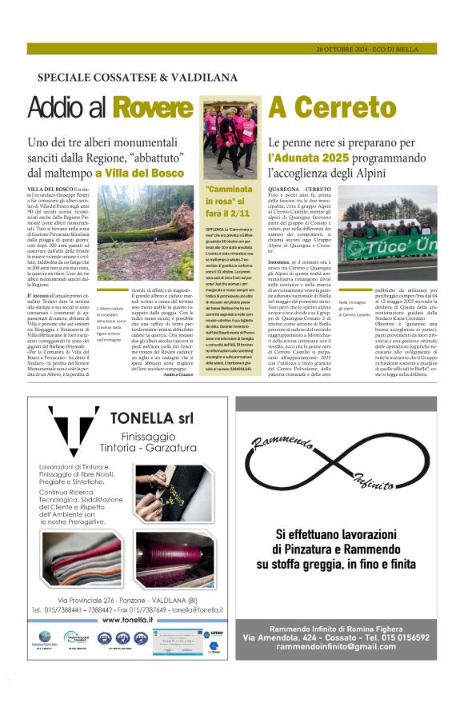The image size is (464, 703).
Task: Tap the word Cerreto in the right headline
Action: pos(351,107)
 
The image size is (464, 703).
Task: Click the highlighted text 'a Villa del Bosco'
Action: pos(140,172)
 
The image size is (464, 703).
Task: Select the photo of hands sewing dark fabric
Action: pos(174,493)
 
